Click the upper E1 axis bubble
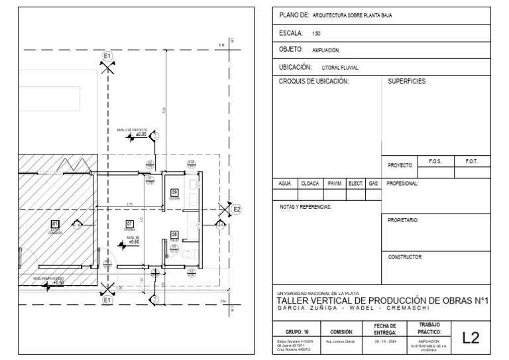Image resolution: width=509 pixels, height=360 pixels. point(108,57)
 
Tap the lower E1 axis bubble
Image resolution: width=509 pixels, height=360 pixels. point(108,300)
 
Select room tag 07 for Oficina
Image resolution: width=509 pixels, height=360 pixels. point(130,223)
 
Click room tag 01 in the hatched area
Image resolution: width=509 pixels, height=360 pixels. point(55,223)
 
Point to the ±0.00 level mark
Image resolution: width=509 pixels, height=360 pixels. point(141,135)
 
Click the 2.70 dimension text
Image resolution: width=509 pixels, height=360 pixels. point(129,204)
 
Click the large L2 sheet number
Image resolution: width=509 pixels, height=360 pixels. point(471,338)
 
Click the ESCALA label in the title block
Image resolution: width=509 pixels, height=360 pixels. point(292,32)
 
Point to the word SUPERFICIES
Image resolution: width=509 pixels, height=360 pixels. point(406,82)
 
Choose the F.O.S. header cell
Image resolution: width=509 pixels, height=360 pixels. point(435,161)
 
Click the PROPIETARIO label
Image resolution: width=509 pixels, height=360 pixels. point(403,219)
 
